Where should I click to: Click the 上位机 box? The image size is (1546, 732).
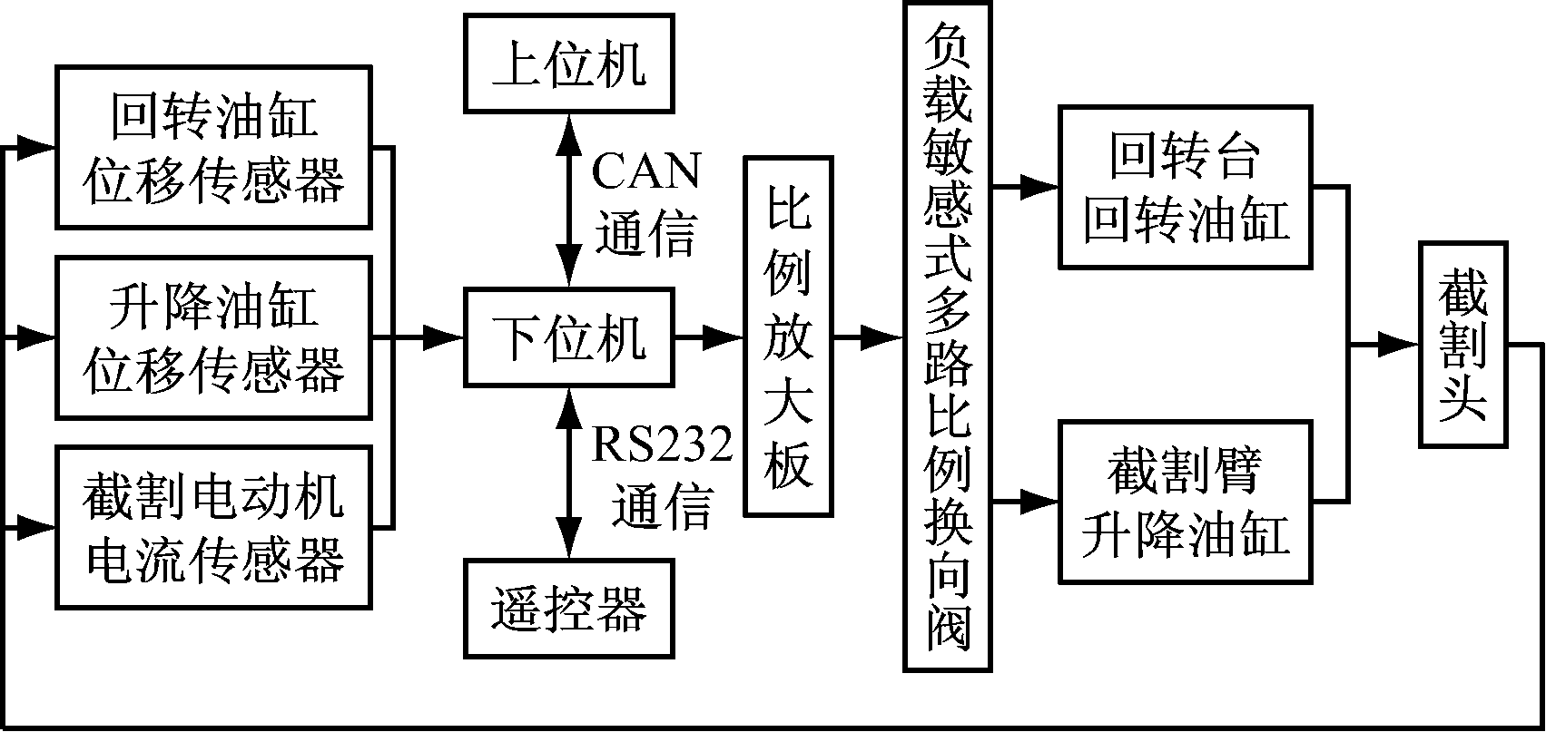[x=569, y=63]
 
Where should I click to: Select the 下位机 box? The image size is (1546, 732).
[x=569, y=337]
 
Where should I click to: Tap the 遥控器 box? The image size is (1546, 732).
[x=569, y=608]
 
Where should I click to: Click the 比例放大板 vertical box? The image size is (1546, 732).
[x=788, y=337]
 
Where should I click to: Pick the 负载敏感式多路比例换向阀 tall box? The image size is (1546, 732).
[x=947, y=337]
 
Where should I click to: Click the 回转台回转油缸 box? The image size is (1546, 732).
[x=1186, y=187]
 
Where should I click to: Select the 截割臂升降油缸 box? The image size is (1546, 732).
[x=1186, y=501]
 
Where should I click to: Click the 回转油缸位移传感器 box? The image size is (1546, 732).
[x=213, y=146]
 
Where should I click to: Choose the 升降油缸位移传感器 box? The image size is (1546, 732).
[x=213, y=337]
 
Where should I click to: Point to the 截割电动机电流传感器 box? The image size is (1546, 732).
[x=213, y=526]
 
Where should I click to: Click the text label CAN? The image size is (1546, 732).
[x=646, y=171]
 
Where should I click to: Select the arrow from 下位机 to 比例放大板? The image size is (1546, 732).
[x=708, y=337]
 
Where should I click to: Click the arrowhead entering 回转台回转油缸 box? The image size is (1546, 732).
[x=1042, y=188]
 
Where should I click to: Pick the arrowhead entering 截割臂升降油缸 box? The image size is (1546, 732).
[x=1042, y=501]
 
